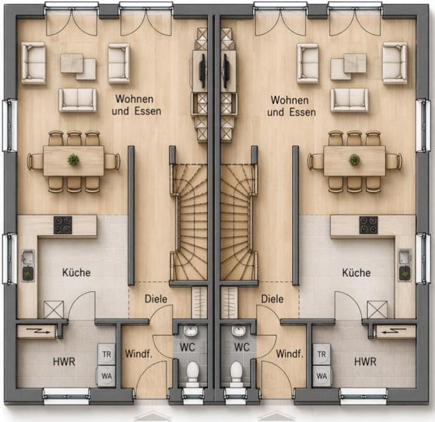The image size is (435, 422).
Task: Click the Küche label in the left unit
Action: pos(76,272)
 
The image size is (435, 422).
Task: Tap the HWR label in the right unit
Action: pos(365,361)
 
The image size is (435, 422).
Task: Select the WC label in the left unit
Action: pos(187,347)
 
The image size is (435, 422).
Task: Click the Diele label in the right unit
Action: pos(273,299)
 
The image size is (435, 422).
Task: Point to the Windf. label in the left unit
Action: pos(139,354)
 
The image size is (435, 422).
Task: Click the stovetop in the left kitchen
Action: pos(63,225)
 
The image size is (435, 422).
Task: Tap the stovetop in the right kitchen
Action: pos(369,225)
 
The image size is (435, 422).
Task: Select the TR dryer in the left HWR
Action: pos(106,354)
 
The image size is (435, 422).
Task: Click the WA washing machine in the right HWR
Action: pos(322,376)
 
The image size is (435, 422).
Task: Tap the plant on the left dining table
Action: pos(73,160)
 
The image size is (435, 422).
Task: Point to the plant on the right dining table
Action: pos(354,160)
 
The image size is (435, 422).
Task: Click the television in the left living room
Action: pos(203,70)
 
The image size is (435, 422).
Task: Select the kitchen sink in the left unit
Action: pos(28,256)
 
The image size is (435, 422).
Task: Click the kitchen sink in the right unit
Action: pos(405,256)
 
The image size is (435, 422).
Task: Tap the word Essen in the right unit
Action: pos(303,112)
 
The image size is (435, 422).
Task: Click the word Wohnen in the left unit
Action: pos(134,98)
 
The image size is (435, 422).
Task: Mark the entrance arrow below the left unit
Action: pos(153,417)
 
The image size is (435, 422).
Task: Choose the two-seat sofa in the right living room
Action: pos(350,100)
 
